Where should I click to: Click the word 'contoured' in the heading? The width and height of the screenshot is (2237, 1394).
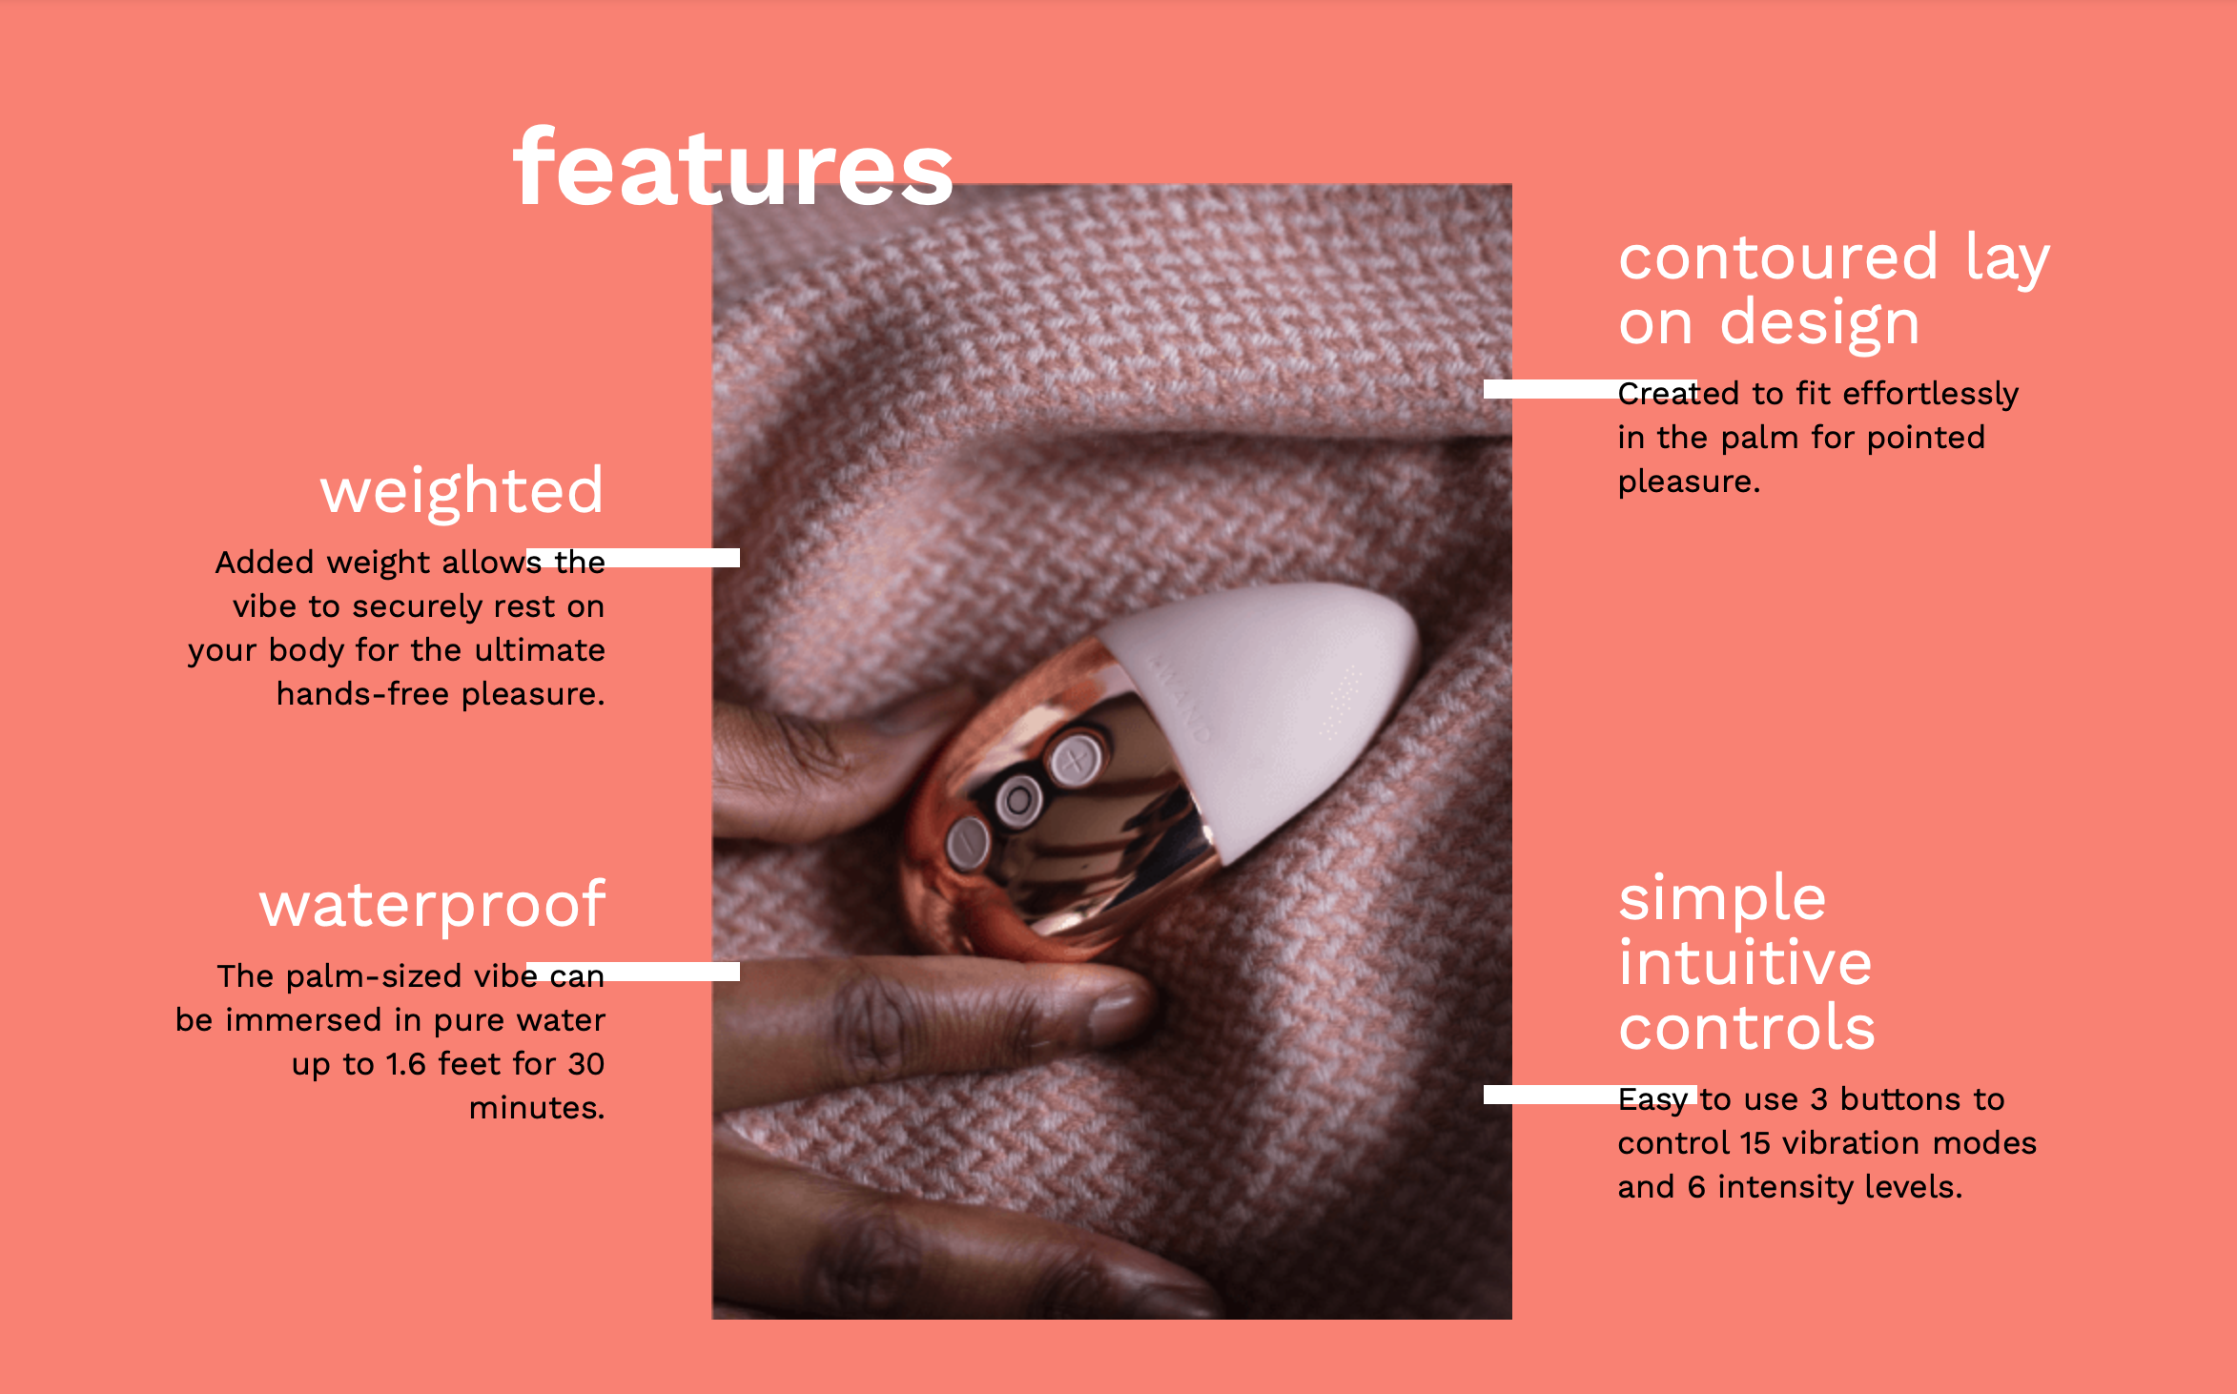1778,257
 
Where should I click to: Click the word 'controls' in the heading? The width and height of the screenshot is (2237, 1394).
1747,1027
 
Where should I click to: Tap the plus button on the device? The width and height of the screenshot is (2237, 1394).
1076,760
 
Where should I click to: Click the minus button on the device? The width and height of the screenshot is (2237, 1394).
967,843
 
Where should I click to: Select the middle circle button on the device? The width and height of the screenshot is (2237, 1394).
1018,800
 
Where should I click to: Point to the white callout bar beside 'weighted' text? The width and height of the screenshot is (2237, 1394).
633,558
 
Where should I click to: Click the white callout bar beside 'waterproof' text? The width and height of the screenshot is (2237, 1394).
633,972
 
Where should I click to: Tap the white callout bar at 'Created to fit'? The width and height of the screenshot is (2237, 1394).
1591,389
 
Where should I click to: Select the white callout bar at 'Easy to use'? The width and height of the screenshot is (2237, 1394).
1591,1095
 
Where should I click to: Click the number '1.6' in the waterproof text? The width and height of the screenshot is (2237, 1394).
406,1064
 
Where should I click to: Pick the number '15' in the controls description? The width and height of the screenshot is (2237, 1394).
1755,1143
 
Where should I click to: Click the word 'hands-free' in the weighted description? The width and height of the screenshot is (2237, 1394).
363,694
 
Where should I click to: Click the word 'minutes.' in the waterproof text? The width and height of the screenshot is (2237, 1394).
537,1108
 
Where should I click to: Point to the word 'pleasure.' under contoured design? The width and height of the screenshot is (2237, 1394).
1689,482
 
